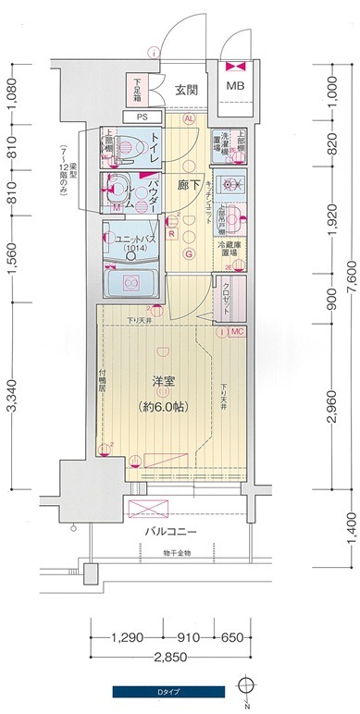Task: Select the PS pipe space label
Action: coord(142,117)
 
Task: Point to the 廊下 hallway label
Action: coord(189,184)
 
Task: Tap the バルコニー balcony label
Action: coord(167,532)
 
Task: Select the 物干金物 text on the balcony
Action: coord(172,552)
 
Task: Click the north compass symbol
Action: coord(244,688)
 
